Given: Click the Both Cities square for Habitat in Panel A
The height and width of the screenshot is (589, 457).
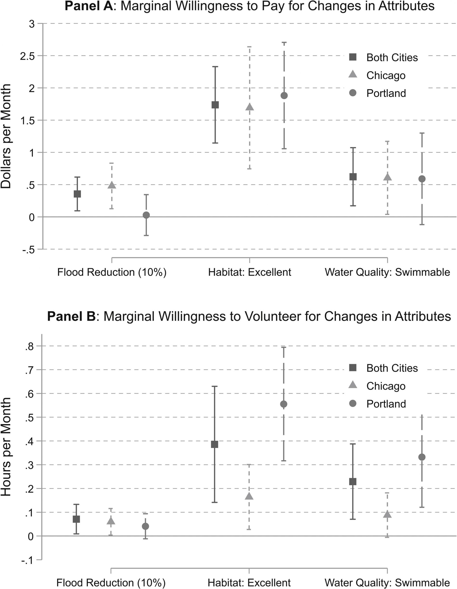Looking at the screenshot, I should pos(215,105).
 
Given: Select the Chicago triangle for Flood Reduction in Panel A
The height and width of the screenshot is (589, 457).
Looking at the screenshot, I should pos(112,185).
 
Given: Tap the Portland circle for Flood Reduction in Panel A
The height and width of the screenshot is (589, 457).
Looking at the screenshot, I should pos(146,215).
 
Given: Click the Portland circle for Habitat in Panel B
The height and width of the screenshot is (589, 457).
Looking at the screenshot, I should pos(284,404).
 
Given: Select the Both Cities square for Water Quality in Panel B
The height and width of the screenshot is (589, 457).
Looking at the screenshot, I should pos(353,482).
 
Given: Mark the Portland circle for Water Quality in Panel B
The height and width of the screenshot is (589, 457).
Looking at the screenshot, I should pos(422,457).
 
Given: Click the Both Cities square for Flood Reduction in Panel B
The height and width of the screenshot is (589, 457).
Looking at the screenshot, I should pos(77,519).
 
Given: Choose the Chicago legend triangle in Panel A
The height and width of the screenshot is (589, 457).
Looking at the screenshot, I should pos(353,75).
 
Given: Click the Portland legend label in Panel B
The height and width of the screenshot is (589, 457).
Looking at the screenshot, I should pos(386,404).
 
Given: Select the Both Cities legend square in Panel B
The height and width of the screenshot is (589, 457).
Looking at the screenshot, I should pos(353,368).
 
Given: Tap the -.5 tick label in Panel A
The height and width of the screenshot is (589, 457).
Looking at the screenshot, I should pos(28,250).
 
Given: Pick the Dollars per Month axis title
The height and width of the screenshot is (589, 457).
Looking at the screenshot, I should pos(6,136).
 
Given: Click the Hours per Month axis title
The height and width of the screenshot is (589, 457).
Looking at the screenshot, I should pos(6,446).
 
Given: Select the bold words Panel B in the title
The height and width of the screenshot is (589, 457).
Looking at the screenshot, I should pos(71,316).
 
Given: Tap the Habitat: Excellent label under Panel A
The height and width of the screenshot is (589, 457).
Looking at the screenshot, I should pos(249,272).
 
